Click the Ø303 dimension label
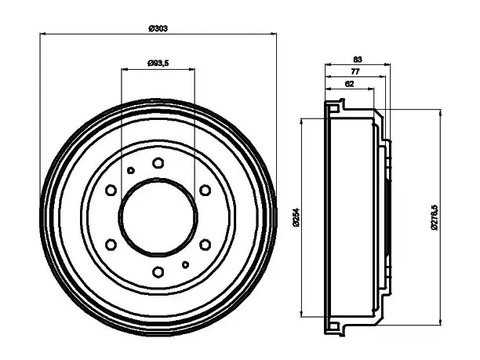point(158,28)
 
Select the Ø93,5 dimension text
point(158,64)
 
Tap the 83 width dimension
point(358,59)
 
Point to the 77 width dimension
point(355,71)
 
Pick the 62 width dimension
point(349,84)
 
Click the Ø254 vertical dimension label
point(296,217)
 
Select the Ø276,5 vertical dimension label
point(435,217)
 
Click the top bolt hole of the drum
point(158,163)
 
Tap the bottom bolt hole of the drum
point(158,272)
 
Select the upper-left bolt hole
point(111,190)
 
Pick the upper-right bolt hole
point(205,190)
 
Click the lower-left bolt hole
point(111,245)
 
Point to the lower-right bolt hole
point(205,245)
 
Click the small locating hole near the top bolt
point(131,170)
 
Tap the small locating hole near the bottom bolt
point(185,265)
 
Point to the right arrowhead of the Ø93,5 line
point(192,69)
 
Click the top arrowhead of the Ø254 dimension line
point(302,121)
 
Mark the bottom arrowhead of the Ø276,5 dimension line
point(441,322)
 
